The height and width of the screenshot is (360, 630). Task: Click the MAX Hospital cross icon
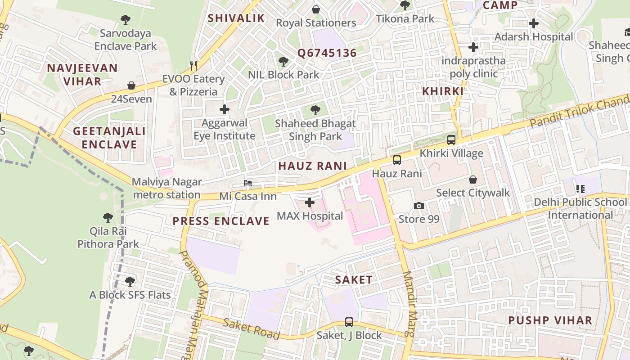(x=310, y=202)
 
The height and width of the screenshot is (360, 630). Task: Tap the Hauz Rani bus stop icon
(x=397, y=160)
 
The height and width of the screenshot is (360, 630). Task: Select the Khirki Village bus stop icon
(x=451, y=140)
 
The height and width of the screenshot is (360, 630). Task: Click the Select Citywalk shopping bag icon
(x=473, y=180)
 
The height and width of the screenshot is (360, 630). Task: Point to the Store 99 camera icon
(x=419, y=206)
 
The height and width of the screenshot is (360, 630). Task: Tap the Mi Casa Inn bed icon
(x=248, y=183)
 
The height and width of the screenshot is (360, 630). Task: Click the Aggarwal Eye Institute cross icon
(x=224, y=109)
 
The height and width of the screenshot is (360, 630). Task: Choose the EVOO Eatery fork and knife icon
(x=193, y=66)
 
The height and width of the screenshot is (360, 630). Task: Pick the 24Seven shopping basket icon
(x=131, y=85)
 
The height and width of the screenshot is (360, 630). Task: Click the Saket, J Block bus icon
(x=349, y=322)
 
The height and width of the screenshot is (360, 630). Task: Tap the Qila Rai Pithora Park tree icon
(x=108, y=218)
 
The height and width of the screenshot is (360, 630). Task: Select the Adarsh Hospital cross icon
(x=534, y=23)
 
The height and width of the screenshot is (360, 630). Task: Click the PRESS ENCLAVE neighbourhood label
(x=221, y=221)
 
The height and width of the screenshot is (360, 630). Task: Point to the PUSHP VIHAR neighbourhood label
(x=550, y=320)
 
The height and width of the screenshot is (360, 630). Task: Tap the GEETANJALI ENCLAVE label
(x=109, y=138)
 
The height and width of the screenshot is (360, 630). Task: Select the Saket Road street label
(x=252, y=329)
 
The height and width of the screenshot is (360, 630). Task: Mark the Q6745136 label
(x=327, y=53)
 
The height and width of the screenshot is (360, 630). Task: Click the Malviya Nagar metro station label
(x=167, y=188)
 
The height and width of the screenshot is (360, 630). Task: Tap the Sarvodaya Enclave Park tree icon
(x=126, y=20)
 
